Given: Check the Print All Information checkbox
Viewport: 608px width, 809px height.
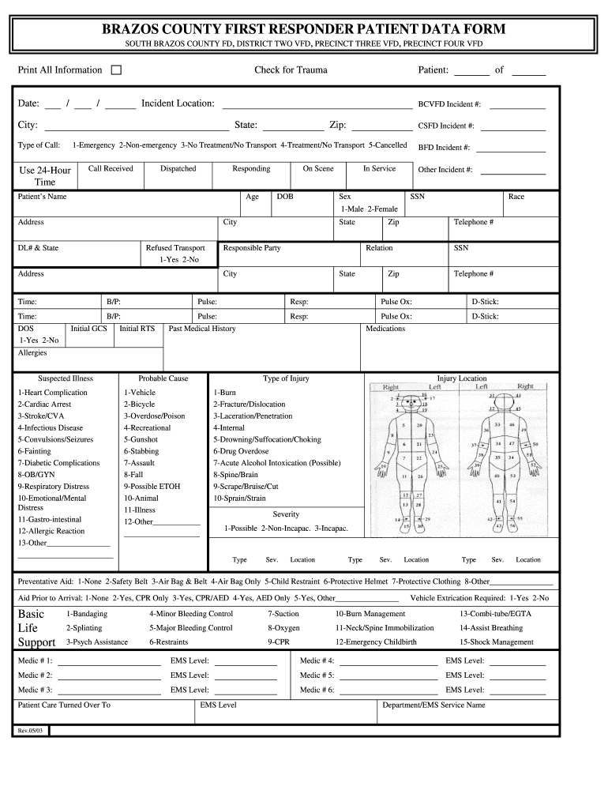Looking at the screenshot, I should click(x=116, y=70).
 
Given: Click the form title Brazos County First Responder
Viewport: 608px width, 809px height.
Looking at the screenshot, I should click(x=303, y=29).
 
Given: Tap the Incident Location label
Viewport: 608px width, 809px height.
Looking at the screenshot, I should click(x=178, y=103).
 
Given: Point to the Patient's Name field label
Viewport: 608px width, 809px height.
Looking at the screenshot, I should click(x=43, y=197).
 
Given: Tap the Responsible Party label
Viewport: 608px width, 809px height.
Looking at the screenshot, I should click(x=252, y=248).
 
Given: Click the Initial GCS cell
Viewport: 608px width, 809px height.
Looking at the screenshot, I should click(x=88, y=329).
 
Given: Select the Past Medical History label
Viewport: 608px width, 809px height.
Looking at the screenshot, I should click(x=202, y=329).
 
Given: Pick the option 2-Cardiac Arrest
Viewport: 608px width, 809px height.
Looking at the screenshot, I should click(x=44, y=404).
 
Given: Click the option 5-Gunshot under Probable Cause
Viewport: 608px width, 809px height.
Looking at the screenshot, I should click(x=141, y=439).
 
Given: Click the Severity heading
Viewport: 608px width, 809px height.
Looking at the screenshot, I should click(x=286, y=514).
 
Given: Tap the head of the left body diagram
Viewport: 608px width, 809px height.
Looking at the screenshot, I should click(x=408, y=401).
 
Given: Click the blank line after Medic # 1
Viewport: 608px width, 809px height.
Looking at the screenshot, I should click(x=109, y=661).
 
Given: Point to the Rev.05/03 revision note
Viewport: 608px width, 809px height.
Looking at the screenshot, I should click(x=32, y=731).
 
